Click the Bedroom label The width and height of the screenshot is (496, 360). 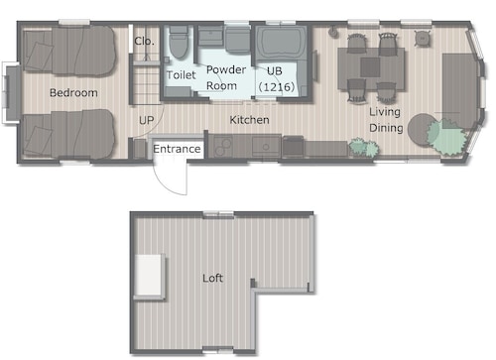[73, 92]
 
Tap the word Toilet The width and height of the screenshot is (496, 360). [182, 75]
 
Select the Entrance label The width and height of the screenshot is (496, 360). [177, 149]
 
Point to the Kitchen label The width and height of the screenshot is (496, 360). [249, 120]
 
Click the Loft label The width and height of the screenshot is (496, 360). [212, 278]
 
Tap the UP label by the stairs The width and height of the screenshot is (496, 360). [147, 120]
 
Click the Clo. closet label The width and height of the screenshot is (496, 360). [144, 41]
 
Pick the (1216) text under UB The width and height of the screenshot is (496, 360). [277, 87]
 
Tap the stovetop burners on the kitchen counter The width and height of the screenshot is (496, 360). [222, 147]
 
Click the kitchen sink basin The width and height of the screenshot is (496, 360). [266, 146]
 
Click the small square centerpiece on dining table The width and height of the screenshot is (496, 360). [370, 67]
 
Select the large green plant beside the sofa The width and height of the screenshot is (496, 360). [446, 136]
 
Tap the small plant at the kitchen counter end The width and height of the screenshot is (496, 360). [364, 147]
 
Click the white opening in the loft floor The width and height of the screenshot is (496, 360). [149, 275]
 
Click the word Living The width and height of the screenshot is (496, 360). [385, 112]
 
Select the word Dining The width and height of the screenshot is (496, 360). [386, 128]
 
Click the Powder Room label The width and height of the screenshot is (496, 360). [226, 77]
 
